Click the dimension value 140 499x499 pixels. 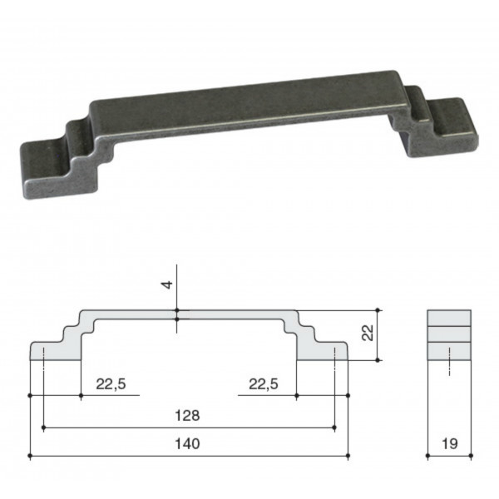click(187, 443)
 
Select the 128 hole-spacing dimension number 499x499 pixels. click(187, 415)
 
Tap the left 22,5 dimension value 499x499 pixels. click(111, 384)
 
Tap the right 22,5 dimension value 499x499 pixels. click(264, 384)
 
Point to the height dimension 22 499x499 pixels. click(368, 333)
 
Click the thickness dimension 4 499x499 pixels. click(167, 284)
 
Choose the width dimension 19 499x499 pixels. click(450, 443)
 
